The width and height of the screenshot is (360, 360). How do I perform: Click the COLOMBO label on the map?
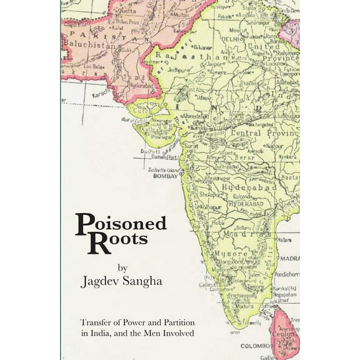click(254, 344)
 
